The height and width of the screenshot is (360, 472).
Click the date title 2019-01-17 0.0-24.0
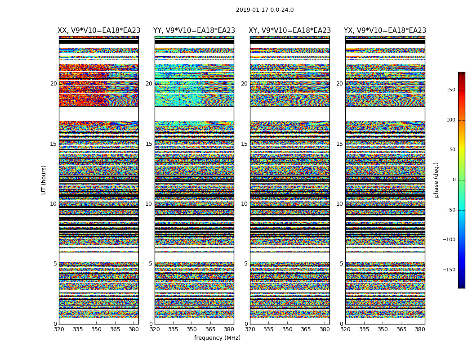click(265, 10)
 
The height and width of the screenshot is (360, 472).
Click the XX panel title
click(99, 31)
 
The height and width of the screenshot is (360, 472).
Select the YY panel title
click(194, 31)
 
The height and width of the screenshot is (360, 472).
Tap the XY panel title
click(290, 31)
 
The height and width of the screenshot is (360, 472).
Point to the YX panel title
click(385, 31)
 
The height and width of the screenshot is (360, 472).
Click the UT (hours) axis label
click(44, 180)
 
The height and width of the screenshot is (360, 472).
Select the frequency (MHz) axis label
click(217, 338)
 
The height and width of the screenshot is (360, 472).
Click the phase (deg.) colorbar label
click(436, 180)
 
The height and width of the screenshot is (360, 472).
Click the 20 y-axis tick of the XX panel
click(53, 84)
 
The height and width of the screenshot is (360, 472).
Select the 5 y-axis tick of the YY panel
click(151, 264)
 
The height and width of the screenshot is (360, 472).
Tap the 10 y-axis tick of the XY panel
click(244, 204)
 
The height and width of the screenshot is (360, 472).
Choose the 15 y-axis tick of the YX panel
click(339, 144)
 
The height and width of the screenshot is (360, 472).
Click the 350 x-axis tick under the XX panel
click(96, 329)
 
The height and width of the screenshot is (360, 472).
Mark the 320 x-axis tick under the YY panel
click(155, 329)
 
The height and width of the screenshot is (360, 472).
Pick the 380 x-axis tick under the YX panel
click(420, 329)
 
